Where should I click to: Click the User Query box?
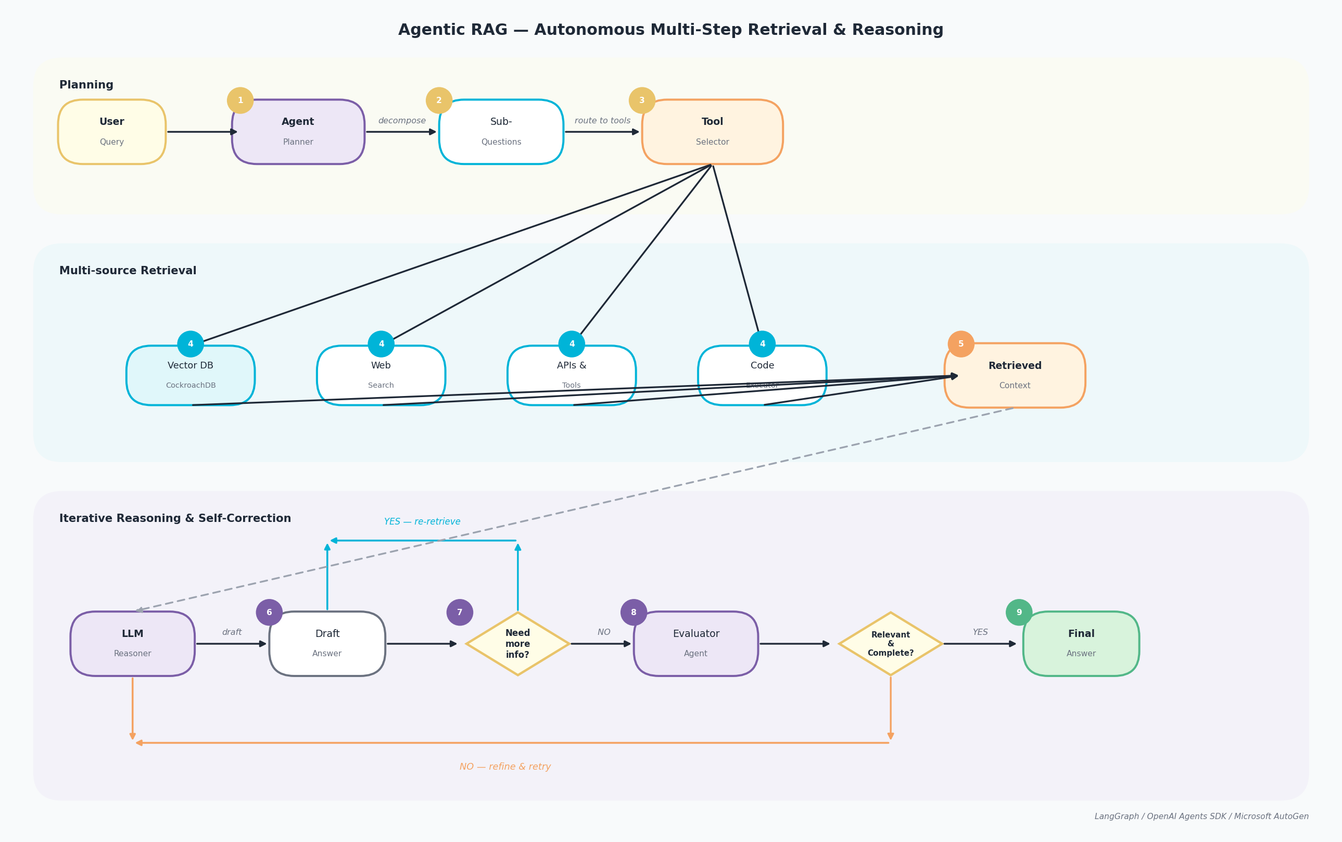point(111,132)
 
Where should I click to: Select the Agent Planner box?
point(298,132)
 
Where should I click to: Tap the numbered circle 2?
point(439,101)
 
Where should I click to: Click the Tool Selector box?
point(712,132)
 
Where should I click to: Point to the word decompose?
point(402,121)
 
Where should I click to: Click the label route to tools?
point(602,121)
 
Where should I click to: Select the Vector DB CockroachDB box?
point(191,375)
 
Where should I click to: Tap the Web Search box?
point(381,375)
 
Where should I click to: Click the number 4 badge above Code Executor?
point(762,344)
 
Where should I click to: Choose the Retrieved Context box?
point(1015,375)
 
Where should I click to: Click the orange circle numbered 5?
point(961,344)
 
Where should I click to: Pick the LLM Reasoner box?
point(133,644)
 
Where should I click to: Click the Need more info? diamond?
point(517,644)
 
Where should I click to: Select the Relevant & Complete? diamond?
point(890,644)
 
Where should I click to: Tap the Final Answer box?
point(1081,644)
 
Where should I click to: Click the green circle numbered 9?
point(1019,613)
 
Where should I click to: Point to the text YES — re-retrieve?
point(422,522)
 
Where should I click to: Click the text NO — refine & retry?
point(505,767)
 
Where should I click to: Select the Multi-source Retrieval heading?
point(128,271)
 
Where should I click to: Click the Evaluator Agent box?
point(696,644)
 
